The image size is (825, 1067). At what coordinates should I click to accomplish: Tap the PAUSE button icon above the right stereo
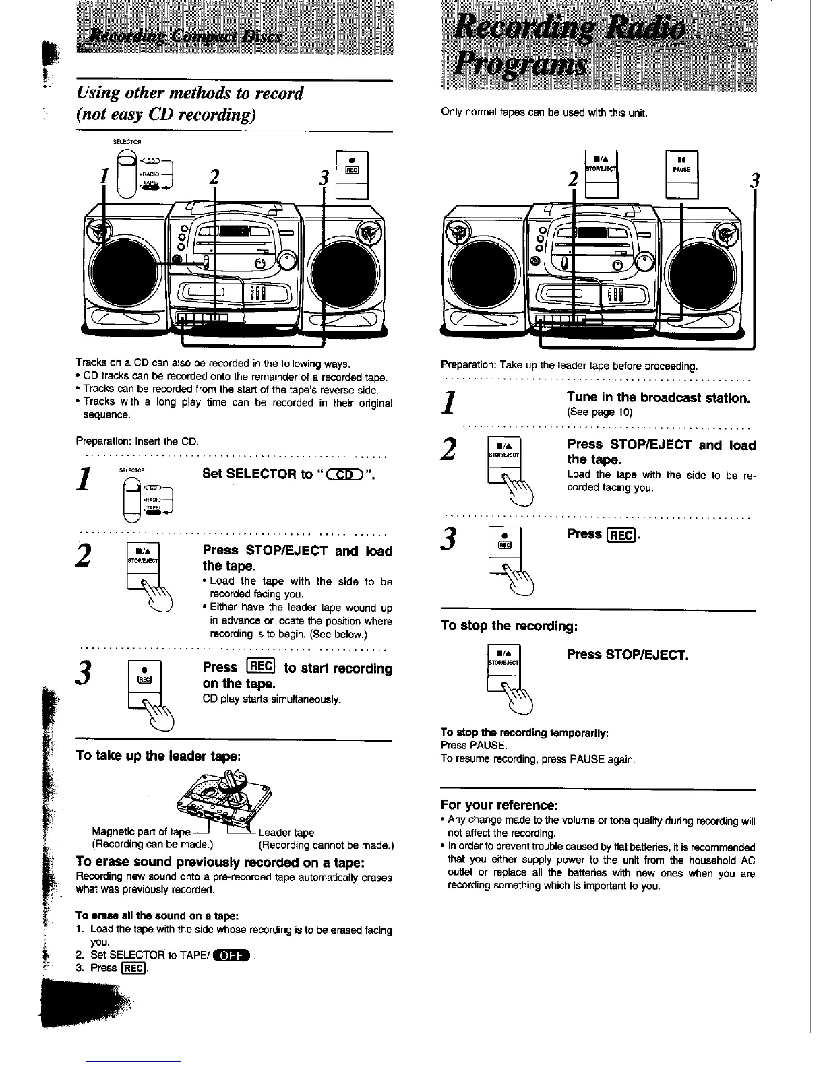click(x=681, y=173)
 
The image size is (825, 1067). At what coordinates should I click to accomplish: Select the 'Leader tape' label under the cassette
click(x=286, y=832)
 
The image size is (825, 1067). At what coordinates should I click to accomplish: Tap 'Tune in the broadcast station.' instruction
click(x=659, y=397)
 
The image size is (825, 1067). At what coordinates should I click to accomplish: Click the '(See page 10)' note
click(x=599, y=412)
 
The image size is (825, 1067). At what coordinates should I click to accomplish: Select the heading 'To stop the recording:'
click(x=509, y=626)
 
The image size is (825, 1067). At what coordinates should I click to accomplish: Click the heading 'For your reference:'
click(x=499, y=805)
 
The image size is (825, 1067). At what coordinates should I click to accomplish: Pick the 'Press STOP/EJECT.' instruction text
click(x=628, y=655)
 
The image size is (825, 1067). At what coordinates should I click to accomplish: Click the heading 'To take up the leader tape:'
click(x=158, y=755)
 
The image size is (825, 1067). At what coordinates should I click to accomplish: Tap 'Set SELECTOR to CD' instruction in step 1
click(x=288, y=474)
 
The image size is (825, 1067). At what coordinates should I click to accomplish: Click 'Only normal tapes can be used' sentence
click(x=544, y=112)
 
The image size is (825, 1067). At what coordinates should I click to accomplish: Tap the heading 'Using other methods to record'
click(x=190, y=93)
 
